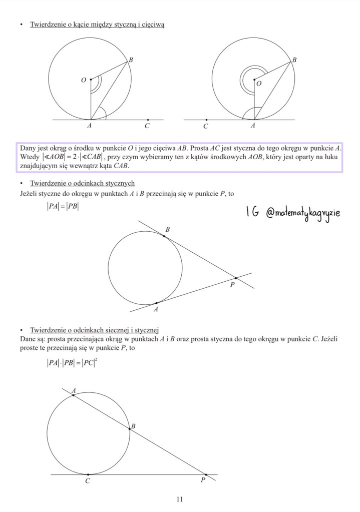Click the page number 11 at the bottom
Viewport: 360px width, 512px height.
[180, 499]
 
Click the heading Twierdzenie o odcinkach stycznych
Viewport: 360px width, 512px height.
[82, 183]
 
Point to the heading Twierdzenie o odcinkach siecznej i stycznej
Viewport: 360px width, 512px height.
[94, 330]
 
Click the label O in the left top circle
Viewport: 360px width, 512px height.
[83, 80]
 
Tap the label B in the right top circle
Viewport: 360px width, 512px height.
[294, 60]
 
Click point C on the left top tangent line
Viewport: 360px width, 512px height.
[147, 120]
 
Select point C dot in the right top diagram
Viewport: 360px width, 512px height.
[206, 120]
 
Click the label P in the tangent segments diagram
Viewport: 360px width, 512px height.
[232, 286]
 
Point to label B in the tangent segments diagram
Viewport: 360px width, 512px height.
[168, 230]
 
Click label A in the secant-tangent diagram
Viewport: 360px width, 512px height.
[74, 390]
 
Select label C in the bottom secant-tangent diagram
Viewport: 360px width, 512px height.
[88, 481]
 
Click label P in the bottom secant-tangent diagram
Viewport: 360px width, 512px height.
[203, 481]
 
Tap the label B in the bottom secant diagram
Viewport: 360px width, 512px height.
[133, 426]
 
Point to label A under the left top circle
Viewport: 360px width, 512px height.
[90, 127]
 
